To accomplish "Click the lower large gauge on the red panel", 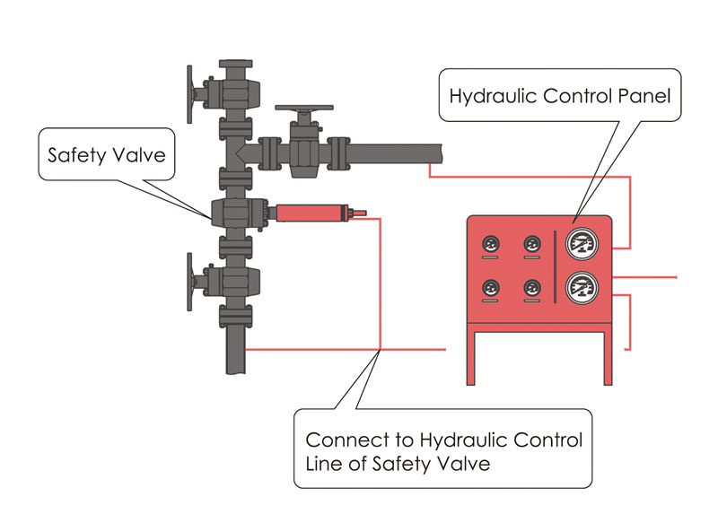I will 584,287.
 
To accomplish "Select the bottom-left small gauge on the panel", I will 491,287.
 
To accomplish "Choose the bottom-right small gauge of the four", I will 532,287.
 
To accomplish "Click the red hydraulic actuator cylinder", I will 310,213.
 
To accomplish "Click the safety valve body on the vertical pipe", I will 232,213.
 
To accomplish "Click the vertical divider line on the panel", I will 556,265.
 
